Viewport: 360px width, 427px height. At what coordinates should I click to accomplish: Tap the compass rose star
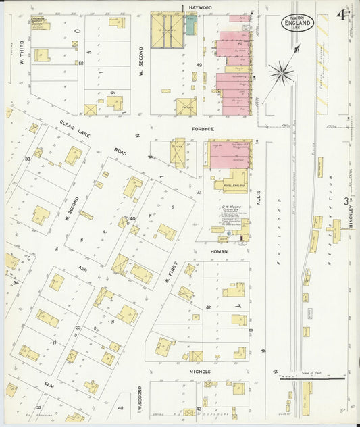pos(282,72)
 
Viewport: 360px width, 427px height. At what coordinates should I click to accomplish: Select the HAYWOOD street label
pos(201,7)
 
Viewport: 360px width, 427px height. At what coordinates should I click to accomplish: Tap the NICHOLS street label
pos(200,372)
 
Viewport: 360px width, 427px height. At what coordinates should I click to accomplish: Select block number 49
pos(199,65)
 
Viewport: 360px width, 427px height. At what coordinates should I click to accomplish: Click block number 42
pos(209,307)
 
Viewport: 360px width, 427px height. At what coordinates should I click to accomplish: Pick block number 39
pos(28,159)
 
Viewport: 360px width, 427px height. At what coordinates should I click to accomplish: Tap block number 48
pos(120,408)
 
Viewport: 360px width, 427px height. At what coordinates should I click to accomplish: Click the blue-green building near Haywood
pos(191,26)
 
